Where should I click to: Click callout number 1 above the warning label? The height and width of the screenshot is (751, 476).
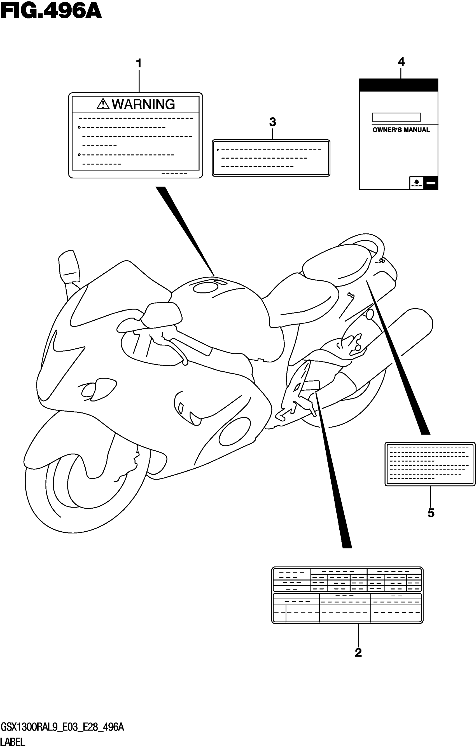(139, 64)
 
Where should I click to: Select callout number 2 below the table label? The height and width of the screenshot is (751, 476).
(358, 653)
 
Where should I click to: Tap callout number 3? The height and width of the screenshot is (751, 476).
(272, 122)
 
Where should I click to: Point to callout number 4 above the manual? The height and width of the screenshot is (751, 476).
(401, 62)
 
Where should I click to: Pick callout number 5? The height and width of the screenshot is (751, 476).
(431, 513)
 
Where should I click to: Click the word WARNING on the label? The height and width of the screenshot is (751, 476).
(143, 104)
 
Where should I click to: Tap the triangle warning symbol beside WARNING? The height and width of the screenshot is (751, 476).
(103, 104)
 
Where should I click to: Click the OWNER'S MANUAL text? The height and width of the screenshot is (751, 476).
(401, 130)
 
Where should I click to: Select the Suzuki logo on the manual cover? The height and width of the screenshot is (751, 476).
(416, 183)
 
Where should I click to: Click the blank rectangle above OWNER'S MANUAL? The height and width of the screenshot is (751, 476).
(396, 117)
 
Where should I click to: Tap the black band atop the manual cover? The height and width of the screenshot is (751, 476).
(399, 85)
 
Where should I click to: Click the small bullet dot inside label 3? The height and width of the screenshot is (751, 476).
(218, 150)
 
